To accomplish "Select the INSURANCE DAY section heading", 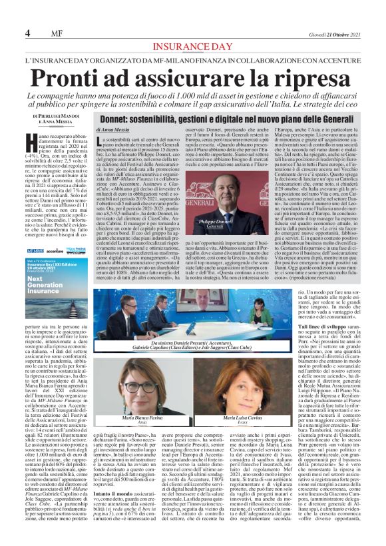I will [193, 46].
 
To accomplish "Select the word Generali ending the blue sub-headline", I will [342, 117].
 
